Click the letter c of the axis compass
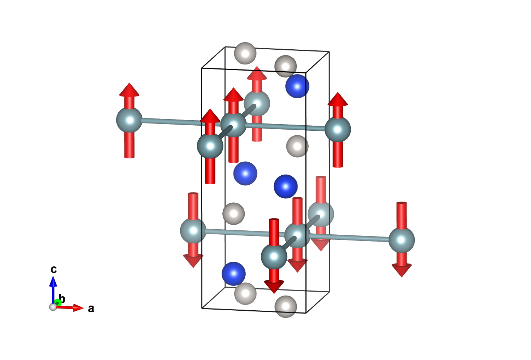coord(54,269)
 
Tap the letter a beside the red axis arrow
coord(91,309)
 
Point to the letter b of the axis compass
coord(62,299)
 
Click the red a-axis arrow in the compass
coord(72,308)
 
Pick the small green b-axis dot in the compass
coord(58,302)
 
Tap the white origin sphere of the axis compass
coord(53,307)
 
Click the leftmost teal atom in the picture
coord(129,120)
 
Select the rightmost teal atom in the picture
coord(401,240)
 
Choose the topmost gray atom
coord(245,53)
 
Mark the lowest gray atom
coord(286,306)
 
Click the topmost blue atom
coord(297,86)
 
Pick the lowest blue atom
coord(233,274)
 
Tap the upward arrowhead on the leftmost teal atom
coord(129,90)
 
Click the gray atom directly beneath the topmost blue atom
coord(297,146)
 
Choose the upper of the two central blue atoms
coord(245,174)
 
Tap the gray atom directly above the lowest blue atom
coord(233,213)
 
